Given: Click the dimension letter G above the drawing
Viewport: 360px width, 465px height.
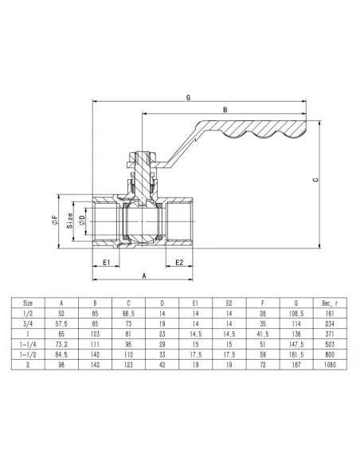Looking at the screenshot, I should coord(188,97).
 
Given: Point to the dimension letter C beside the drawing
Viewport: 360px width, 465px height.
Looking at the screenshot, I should coord(316,180).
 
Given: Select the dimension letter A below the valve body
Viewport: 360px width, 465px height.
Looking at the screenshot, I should coord(143,275).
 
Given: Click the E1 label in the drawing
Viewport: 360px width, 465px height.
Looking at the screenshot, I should coord(105,262).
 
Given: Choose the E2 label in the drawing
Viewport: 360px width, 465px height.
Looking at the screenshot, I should coord(180,262).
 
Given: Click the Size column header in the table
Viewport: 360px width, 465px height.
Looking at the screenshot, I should coord(28,303).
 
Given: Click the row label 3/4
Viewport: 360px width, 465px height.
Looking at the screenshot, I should coord(28,325).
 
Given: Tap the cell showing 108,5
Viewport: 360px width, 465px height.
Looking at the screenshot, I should coord(295,315).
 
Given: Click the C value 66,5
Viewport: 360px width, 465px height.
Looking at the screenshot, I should coord(128,315).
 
